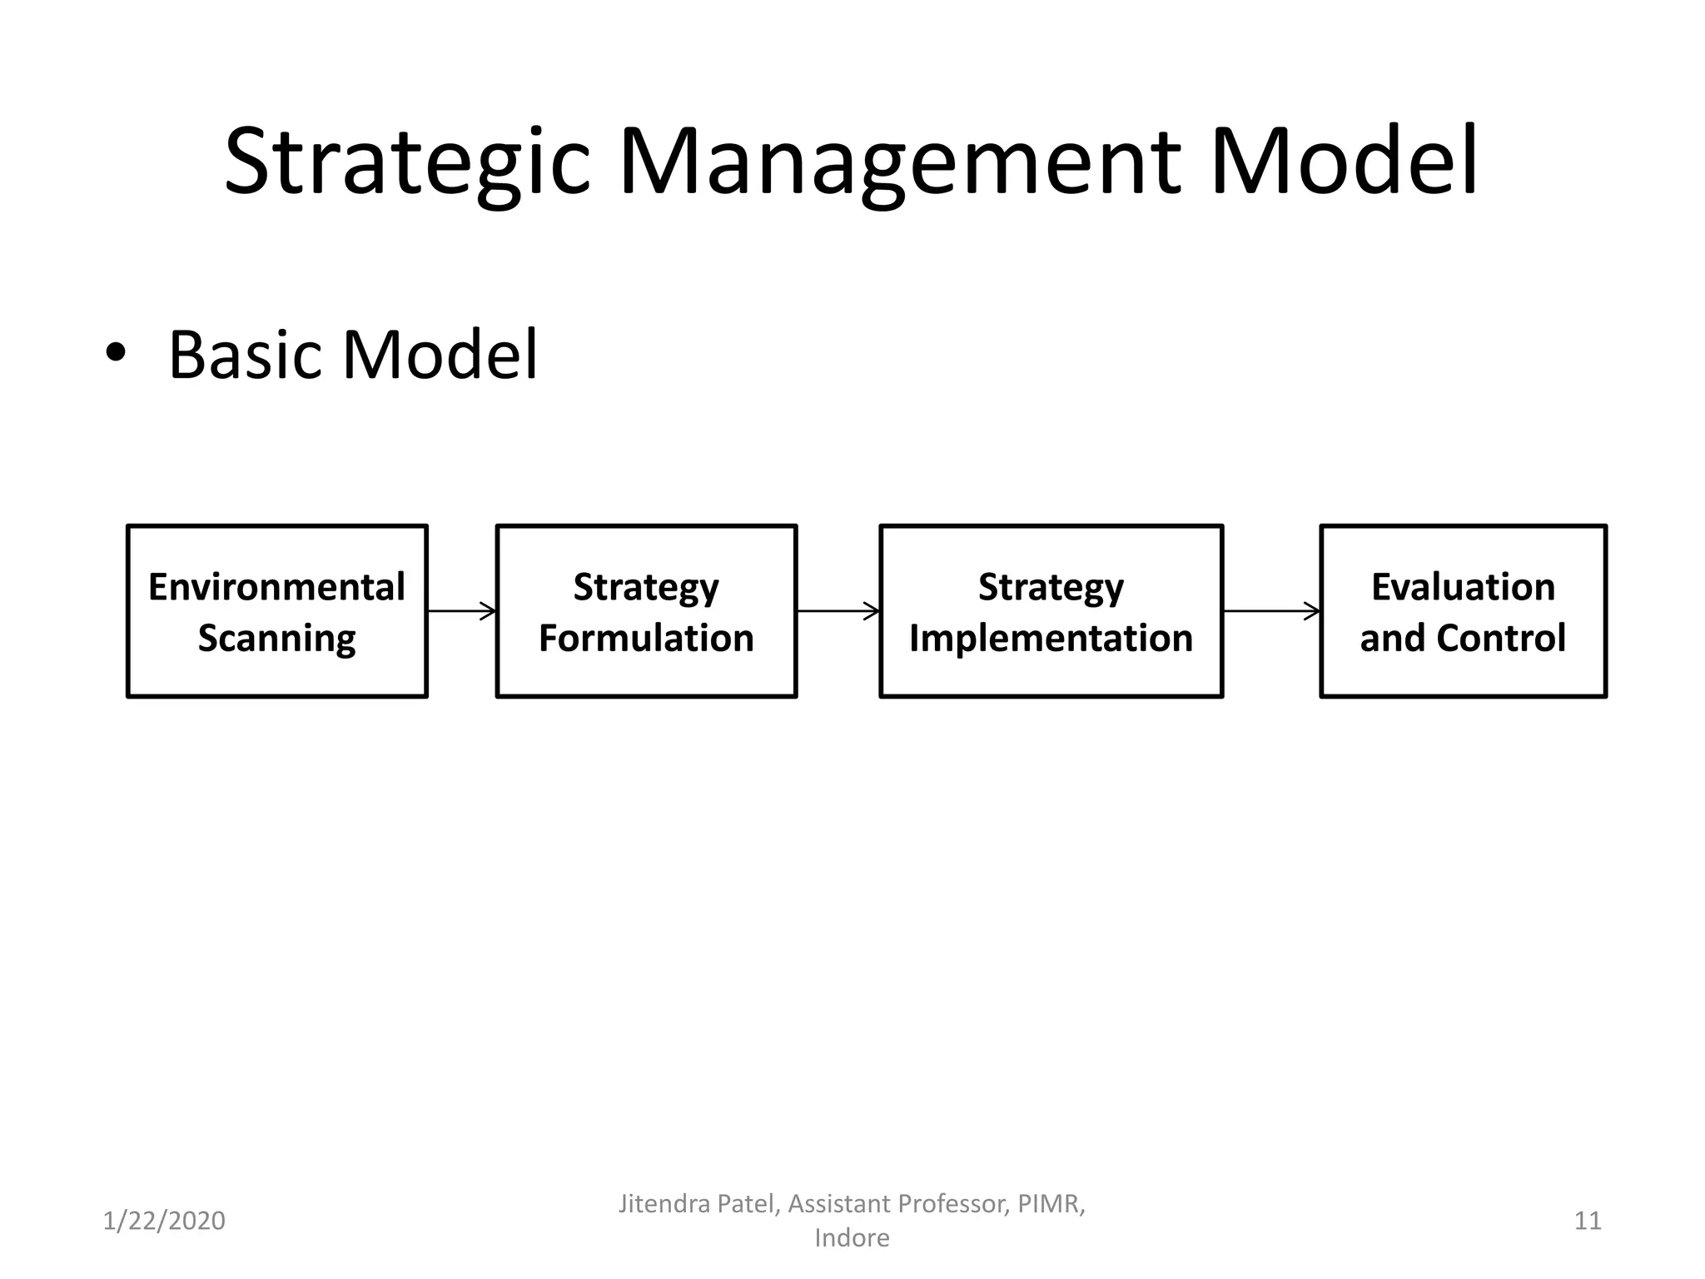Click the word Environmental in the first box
(x=276, y=587)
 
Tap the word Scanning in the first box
(x=276, y=639)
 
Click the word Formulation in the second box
(x=646, y=639)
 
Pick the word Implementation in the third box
(x=1051, y=639)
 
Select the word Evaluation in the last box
(x=1463, y=587)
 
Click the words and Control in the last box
(x=1463, y=639)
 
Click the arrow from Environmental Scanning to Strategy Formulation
(x=462, y=611)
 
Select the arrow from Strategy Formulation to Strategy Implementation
(x=838, y=611)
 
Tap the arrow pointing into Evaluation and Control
(x=1271, y=611)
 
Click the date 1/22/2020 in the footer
(x=164, y=1221)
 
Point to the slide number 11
(x=1588, y=1221)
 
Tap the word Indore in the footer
(x=852, y=1238)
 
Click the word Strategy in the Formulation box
(x=646, y=587)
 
